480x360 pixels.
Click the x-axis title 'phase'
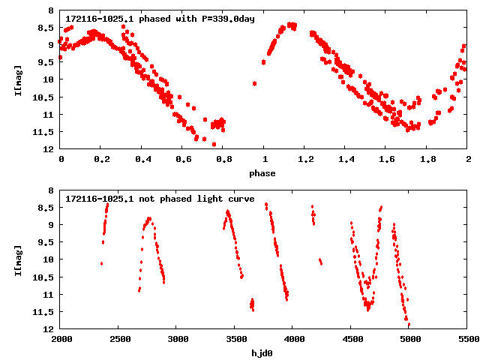tap(262, 173)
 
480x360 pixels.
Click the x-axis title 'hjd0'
tap(262, 353)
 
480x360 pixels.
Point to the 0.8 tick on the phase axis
tap(223, 160)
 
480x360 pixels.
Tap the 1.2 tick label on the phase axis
tap(304, 160)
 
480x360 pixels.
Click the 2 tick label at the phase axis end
tap(467, 160)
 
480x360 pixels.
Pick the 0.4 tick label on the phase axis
tap(142, 160)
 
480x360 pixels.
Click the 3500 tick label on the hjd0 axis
tap(235, 340)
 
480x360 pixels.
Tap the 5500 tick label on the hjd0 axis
tap(467, 340)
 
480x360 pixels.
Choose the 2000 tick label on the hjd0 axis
tap(61, 340)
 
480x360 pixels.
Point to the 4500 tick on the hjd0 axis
tap(351, 340)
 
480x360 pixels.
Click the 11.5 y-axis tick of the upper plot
tap(46, 132)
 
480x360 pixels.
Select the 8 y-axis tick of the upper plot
tap(51, 11)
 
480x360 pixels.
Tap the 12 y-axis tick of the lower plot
tap(49, 329)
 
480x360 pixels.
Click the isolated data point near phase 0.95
tap(255, 83)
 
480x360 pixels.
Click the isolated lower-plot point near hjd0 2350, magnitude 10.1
tap(101, 263)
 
